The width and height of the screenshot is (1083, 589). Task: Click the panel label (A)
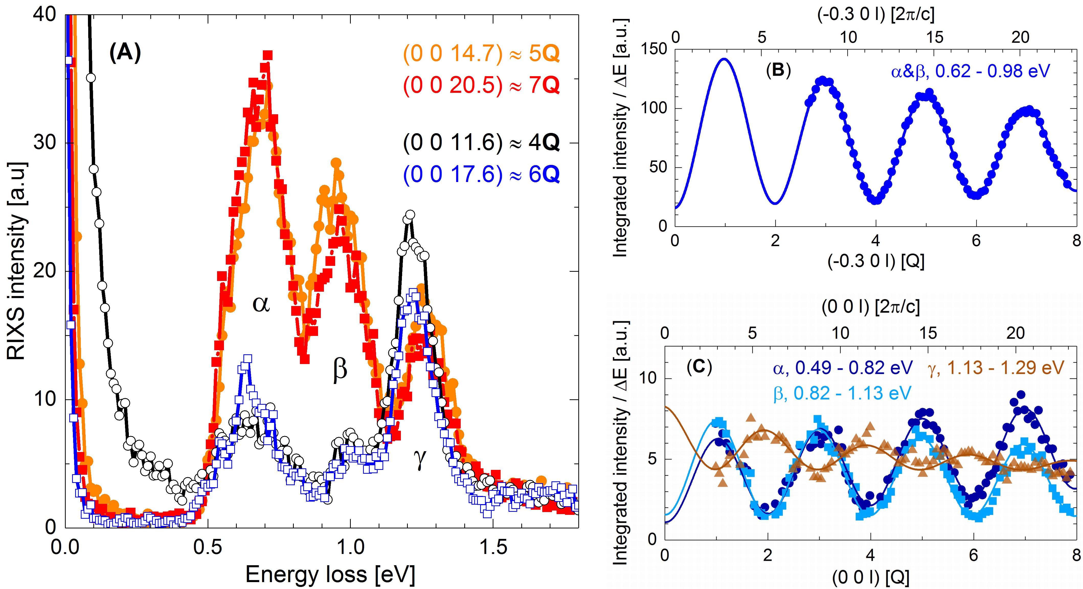point(125,53)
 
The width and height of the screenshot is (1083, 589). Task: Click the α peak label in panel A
point(261,303)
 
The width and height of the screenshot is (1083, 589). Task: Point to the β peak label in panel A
point(340,369)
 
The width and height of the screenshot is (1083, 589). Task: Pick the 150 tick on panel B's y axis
point(654,49)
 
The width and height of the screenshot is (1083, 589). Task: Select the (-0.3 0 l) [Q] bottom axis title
point(876,262)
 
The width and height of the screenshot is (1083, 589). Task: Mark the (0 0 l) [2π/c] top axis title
point(871,307)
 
